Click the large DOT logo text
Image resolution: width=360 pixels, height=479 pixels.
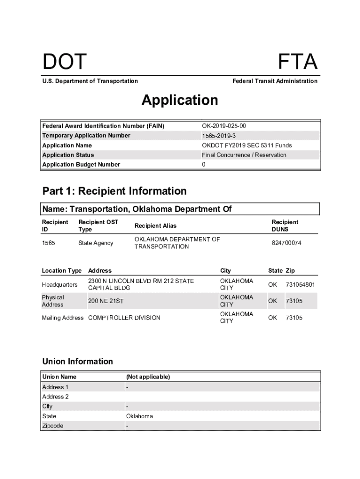click(x=65, y=62)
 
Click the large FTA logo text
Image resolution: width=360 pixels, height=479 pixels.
click(x=297, y=62)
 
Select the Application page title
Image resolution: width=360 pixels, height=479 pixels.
click(x=180, y=100)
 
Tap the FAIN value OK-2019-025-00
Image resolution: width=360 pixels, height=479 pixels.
click(x=224, y=126)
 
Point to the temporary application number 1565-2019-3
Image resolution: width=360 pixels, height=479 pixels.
click(x=219, y=136)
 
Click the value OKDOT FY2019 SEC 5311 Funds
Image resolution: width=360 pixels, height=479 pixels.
click(x=247, y=145)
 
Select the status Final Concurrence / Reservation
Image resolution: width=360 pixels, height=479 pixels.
click(x=244, y=155)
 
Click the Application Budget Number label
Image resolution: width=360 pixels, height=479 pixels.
click(x=81, y=165)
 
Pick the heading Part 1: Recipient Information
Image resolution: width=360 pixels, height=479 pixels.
click(x=115, y=191)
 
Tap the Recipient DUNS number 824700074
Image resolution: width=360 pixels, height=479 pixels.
click(x=287, y=243)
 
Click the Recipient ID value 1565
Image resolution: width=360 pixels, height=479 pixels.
click(x=49, y=243)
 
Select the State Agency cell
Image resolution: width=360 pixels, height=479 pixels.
click(x=96, y=243)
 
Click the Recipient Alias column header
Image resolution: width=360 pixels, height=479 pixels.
click(x=156, y=226)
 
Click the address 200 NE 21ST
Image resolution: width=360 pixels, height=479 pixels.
click(x=106, y=301)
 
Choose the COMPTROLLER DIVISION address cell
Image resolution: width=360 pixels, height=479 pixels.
click(x=124, y=318)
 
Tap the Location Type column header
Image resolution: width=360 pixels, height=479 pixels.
click(x=62, y=271)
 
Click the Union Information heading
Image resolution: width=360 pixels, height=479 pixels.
click(x=78, y=361)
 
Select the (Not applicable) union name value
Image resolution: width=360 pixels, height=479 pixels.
click(x=148, y=377)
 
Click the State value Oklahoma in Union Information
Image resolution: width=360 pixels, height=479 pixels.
click(x=139, y=416)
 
